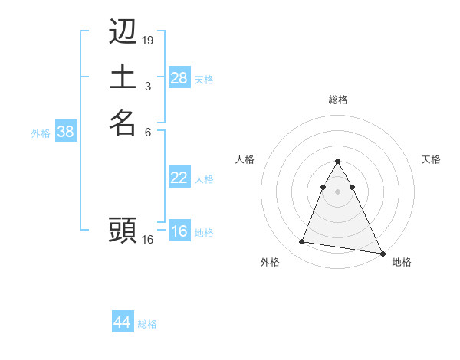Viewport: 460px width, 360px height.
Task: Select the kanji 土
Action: click(123, 77)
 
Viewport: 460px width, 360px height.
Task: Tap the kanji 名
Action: click(123, 123)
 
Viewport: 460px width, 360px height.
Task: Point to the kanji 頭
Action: click(123, 229)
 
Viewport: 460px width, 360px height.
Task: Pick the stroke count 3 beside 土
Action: click(148, 84)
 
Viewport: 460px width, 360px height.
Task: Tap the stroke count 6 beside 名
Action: click(148, 131)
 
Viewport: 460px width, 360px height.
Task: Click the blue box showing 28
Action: click(179, 78)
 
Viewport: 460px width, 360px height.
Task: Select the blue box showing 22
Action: click(179, 178)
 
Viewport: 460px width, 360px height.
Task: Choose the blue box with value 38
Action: click(66, 132)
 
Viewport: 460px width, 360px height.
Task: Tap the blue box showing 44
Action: click(123, 322)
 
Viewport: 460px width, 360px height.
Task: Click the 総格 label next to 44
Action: click(147, 324)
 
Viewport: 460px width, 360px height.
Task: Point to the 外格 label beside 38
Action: click(41, 133)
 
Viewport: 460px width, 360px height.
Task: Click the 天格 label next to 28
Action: click(204, 80)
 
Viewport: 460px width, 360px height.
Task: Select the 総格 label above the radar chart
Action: click(337, 100)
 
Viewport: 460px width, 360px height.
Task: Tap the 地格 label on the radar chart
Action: click(402, 263)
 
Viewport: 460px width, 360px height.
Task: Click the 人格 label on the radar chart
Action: click(245, 159)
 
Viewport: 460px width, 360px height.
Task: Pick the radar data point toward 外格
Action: click(301, 242)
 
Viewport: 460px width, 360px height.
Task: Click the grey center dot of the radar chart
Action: click(337, 179)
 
